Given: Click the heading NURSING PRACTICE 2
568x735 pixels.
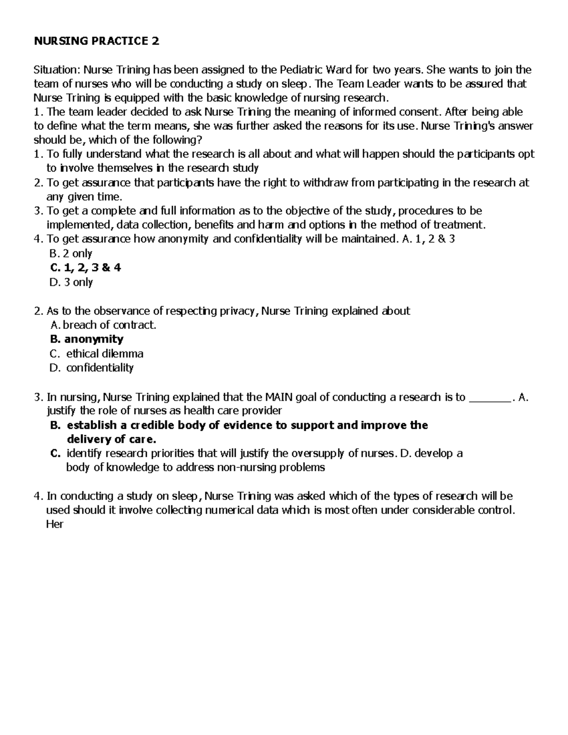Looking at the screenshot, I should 96,42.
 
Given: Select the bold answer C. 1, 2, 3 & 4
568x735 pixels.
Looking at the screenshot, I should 85,268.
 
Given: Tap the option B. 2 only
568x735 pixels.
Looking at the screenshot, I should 71,254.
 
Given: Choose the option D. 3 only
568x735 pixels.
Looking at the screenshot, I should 71,283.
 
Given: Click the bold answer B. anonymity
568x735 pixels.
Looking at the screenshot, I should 87,339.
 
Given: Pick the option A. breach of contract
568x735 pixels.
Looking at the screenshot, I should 103,325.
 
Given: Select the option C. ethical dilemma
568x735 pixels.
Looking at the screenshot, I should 97,354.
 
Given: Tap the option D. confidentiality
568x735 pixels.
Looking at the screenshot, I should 92,368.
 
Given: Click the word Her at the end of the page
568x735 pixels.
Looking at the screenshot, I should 54,524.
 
